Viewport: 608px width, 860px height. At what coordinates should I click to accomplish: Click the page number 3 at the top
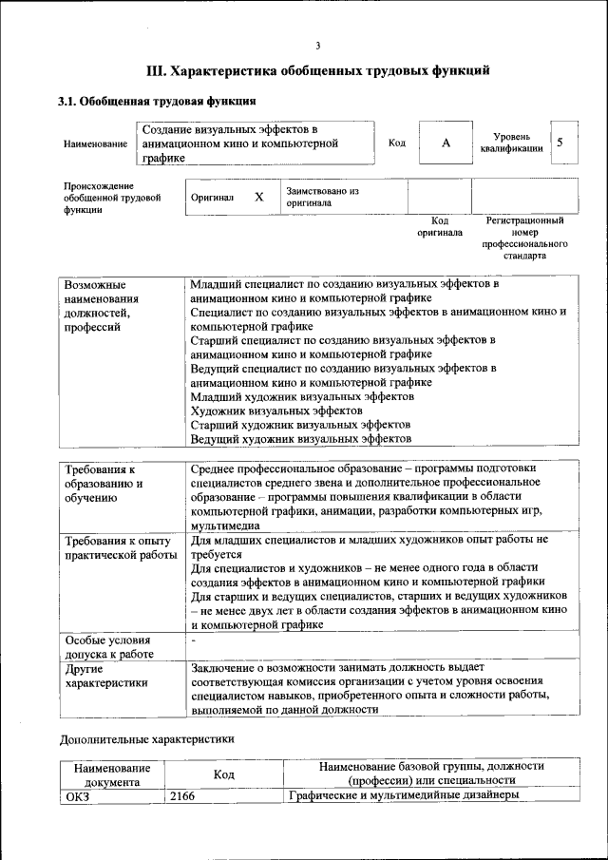point(318,45)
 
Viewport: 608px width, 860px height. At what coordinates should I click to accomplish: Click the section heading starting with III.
point(318,70)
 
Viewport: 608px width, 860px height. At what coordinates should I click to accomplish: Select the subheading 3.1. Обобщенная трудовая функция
point(157,101)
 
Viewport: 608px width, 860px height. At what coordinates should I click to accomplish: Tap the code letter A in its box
point(446,143)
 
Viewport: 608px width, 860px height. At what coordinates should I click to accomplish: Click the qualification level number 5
point(560,143)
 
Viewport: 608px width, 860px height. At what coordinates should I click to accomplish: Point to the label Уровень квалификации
point(512,143)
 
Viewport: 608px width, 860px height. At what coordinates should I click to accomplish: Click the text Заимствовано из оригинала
point(322,196)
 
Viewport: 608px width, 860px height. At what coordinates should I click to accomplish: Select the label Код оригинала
point(440,226)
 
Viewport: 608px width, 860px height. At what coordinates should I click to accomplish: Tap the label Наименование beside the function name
point(95,143)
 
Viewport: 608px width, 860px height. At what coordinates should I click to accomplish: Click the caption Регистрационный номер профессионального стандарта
point(524,238)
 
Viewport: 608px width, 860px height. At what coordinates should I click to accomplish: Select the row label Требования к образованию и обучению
point(105,484)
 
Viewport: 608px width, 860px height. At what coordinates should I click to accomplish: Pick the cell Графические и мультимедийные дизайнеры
point(403,795)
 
